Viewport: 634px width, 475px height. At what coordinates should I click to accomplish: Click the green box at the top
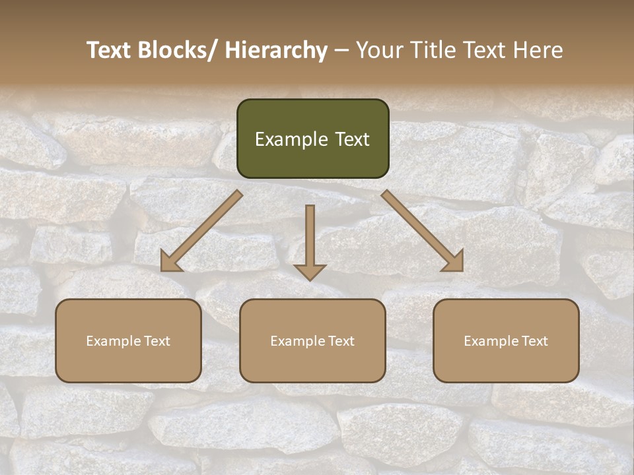point(312,139)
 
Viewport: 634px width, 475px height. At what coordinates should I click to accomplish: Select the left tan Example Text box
point(128,340)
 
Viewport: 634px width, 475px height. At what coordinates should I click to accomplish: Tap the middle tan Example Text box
point(312,340)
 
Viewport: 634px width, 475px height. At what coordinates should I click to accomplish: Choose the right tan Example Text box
point(506,340)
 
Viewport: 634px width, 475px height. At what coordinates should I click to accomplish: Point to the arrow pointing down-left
point(201,231)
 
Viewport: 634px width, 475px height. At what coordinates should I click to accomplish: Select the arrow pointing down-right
point(423,231)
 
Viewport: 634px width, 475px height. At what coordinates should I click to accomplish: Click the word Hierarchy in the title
point(276,50)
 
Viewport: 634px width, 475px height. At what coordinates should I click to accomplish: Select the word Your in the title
point(378,50)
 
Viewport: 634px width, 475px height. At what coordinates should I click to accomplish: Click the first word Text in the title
point(110,50)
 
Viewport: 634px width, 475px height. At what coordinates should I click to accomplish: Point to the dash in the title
point(341,50)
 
